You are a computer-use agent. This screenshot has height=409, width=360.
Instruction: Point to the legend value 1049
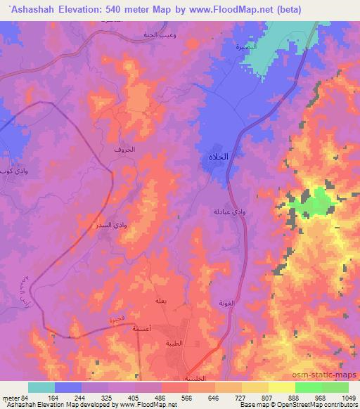[349, 397]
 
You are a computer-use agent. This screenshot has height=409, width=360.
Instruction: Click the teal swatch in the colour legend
[41, 387]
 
